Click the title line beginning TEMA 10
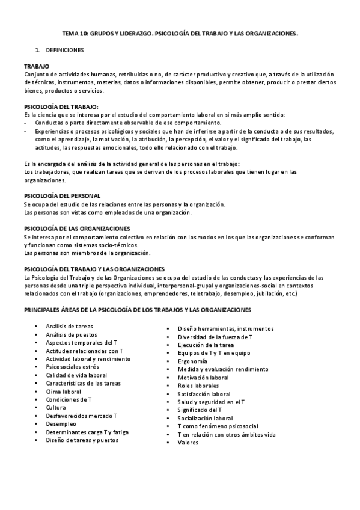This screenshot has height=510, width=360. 180,35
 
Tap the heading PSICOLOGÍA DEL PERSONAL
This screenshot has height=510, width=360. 62,196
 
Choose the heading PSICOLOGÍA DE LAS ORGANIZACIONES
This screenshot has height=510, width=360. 76,229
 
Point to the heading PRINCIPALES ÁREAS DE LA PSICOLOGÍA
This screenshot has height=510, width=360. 137,310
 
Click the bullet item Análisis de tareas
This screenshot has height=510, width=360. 70,326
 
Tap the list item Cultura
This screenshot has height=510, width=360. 56,407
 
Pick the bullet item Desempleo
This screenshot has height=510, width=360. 61,423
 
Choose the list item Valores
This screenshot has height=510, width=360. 188,443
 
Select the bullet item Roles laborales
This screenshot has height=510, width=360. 198,386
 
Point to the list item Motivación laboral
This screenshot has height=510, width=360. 203,378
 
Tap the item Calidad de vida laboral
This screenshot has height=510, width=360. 76,375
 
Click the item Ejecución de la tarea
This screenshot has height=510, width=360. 206,345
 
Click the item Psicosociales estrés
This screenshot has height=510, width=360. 72,367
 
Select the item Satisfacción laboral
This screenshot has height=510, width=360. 204,394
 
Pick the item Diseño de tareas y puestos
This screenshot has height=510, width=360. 82,440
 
